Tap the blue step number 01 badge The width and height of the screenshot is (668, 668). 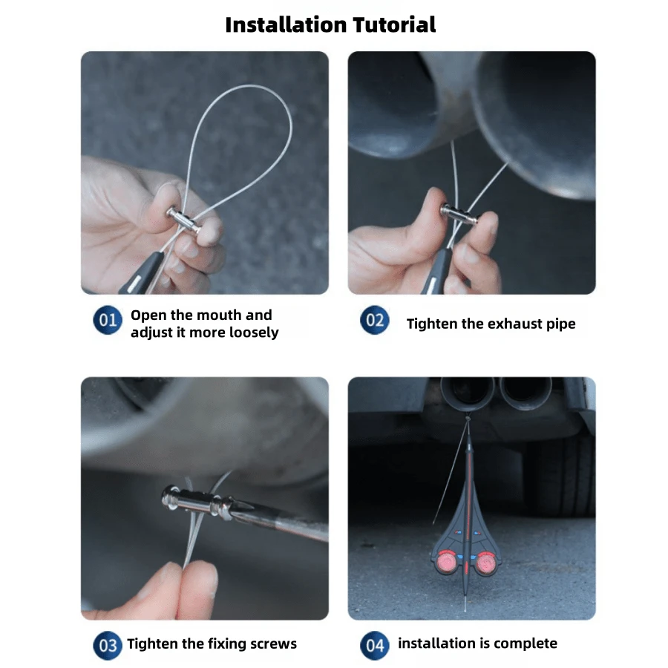pyautogui.click(x=108, y=321)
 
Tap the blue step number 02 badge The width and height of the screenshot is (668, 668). pyautogui.click(x=375, y=321)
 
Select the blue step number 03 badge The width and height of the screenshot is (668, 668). pyautogui.click(x=108, y=644)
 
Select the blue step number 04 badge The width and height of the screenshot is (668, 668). pyautogui.click(x=375, y=644)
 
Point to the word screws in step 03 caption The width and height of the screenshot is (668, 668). pyautogui.click(x=274, y=644)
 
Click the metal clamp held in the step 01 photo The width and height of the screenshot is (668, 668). pyautogui.click(x=183, y=220)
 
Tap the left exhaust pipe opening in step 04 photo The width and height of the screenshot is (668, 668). pyautogui.click(x=467, y=389)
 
